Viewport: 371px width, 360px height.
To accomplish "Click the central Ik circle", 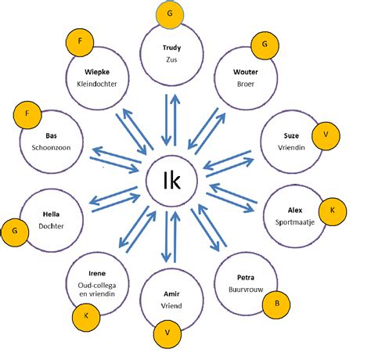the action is [x=171, y=181].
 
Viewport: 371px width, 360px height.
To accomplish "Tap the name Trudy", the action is [x=171, y=48].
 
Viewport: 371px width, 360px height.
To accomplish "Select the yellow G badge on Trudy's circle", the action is [x=170, y=13].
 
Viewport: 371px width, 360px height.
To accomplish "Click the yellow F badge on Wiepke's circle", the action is [x=80, y=42].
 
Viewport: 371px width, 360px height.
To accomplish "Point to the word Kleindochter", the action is [x=97, y=84].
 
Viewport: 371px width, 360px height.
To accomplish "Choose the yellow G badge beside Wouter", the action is [x=265, y=45].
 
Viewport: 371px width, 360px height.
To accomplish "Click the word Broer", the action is [x=246, y=84].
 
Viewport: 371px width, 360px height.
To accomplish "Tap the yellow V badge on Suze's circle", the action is [x=326, y=136].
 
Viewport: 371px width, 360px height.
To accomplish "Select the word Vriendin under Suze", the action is [x=291, y=147].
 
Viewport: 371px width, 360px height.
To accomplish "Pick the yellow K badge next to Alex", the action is [x=333, y=211].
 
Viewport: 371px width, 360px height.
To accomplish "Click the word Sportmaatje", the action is [x=295, y=222].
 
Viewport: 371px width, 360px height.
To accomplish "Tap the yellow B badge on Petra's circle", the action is [x=276, y=304].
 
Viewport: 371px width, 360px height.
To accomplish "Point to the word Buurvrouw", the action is [x=246, y=290].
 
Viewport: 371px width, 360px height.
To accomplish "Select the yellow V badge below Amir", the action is [x=167, y=333].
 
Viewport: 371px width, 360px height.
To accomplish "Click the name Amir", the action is [x=171, y=294].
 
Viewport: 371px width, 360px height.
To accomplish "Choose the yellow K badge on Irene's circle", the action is [x=86, y=317].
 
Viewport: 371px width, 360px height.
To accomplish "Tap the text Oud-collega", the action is [x=97, y=286].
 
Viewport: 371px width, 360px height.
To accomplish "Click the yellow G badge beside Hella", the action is [x=15, y=232].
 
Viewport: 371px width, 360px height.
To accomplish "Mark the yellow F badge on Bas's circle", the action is [x=27, y=115].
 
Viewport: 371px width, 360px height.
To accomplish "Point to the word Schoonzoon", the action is [x=51, y=148].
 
